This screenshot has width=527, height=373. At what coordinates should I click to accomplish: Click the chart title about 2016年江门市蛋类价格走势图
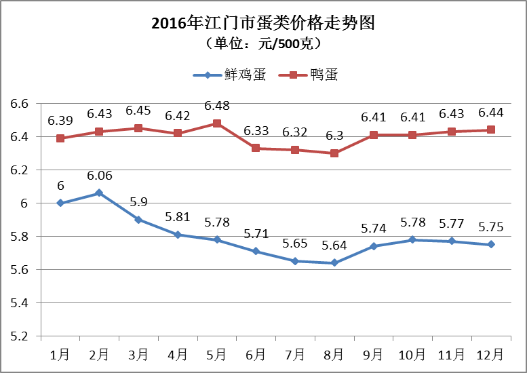click(x=263, y=24)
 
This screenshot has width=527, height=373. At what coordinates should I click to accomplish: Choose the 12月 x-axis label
click(x=490, y=355)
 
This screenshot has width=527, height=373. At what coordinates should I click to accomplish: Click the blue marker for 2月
click(x=100, y=193)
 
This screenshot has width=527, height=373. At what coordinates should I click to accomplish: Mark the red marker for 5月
click(x=217, y=123)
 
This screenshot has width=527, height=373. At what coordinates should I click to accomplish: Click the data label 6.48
click(x=217, y=106)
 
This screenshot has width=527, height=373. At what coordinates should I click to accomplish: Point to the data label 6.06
click(x=100, y=176)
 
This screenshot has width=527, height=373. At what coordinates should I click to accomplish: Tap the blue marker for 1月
click(x=60, y=203)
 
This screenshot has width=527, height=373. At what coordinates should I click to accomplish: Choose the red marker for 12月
click(x=490, y=130)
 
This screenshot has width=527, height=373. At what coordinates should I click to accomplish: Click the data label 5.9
click(x=138, y=202)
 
